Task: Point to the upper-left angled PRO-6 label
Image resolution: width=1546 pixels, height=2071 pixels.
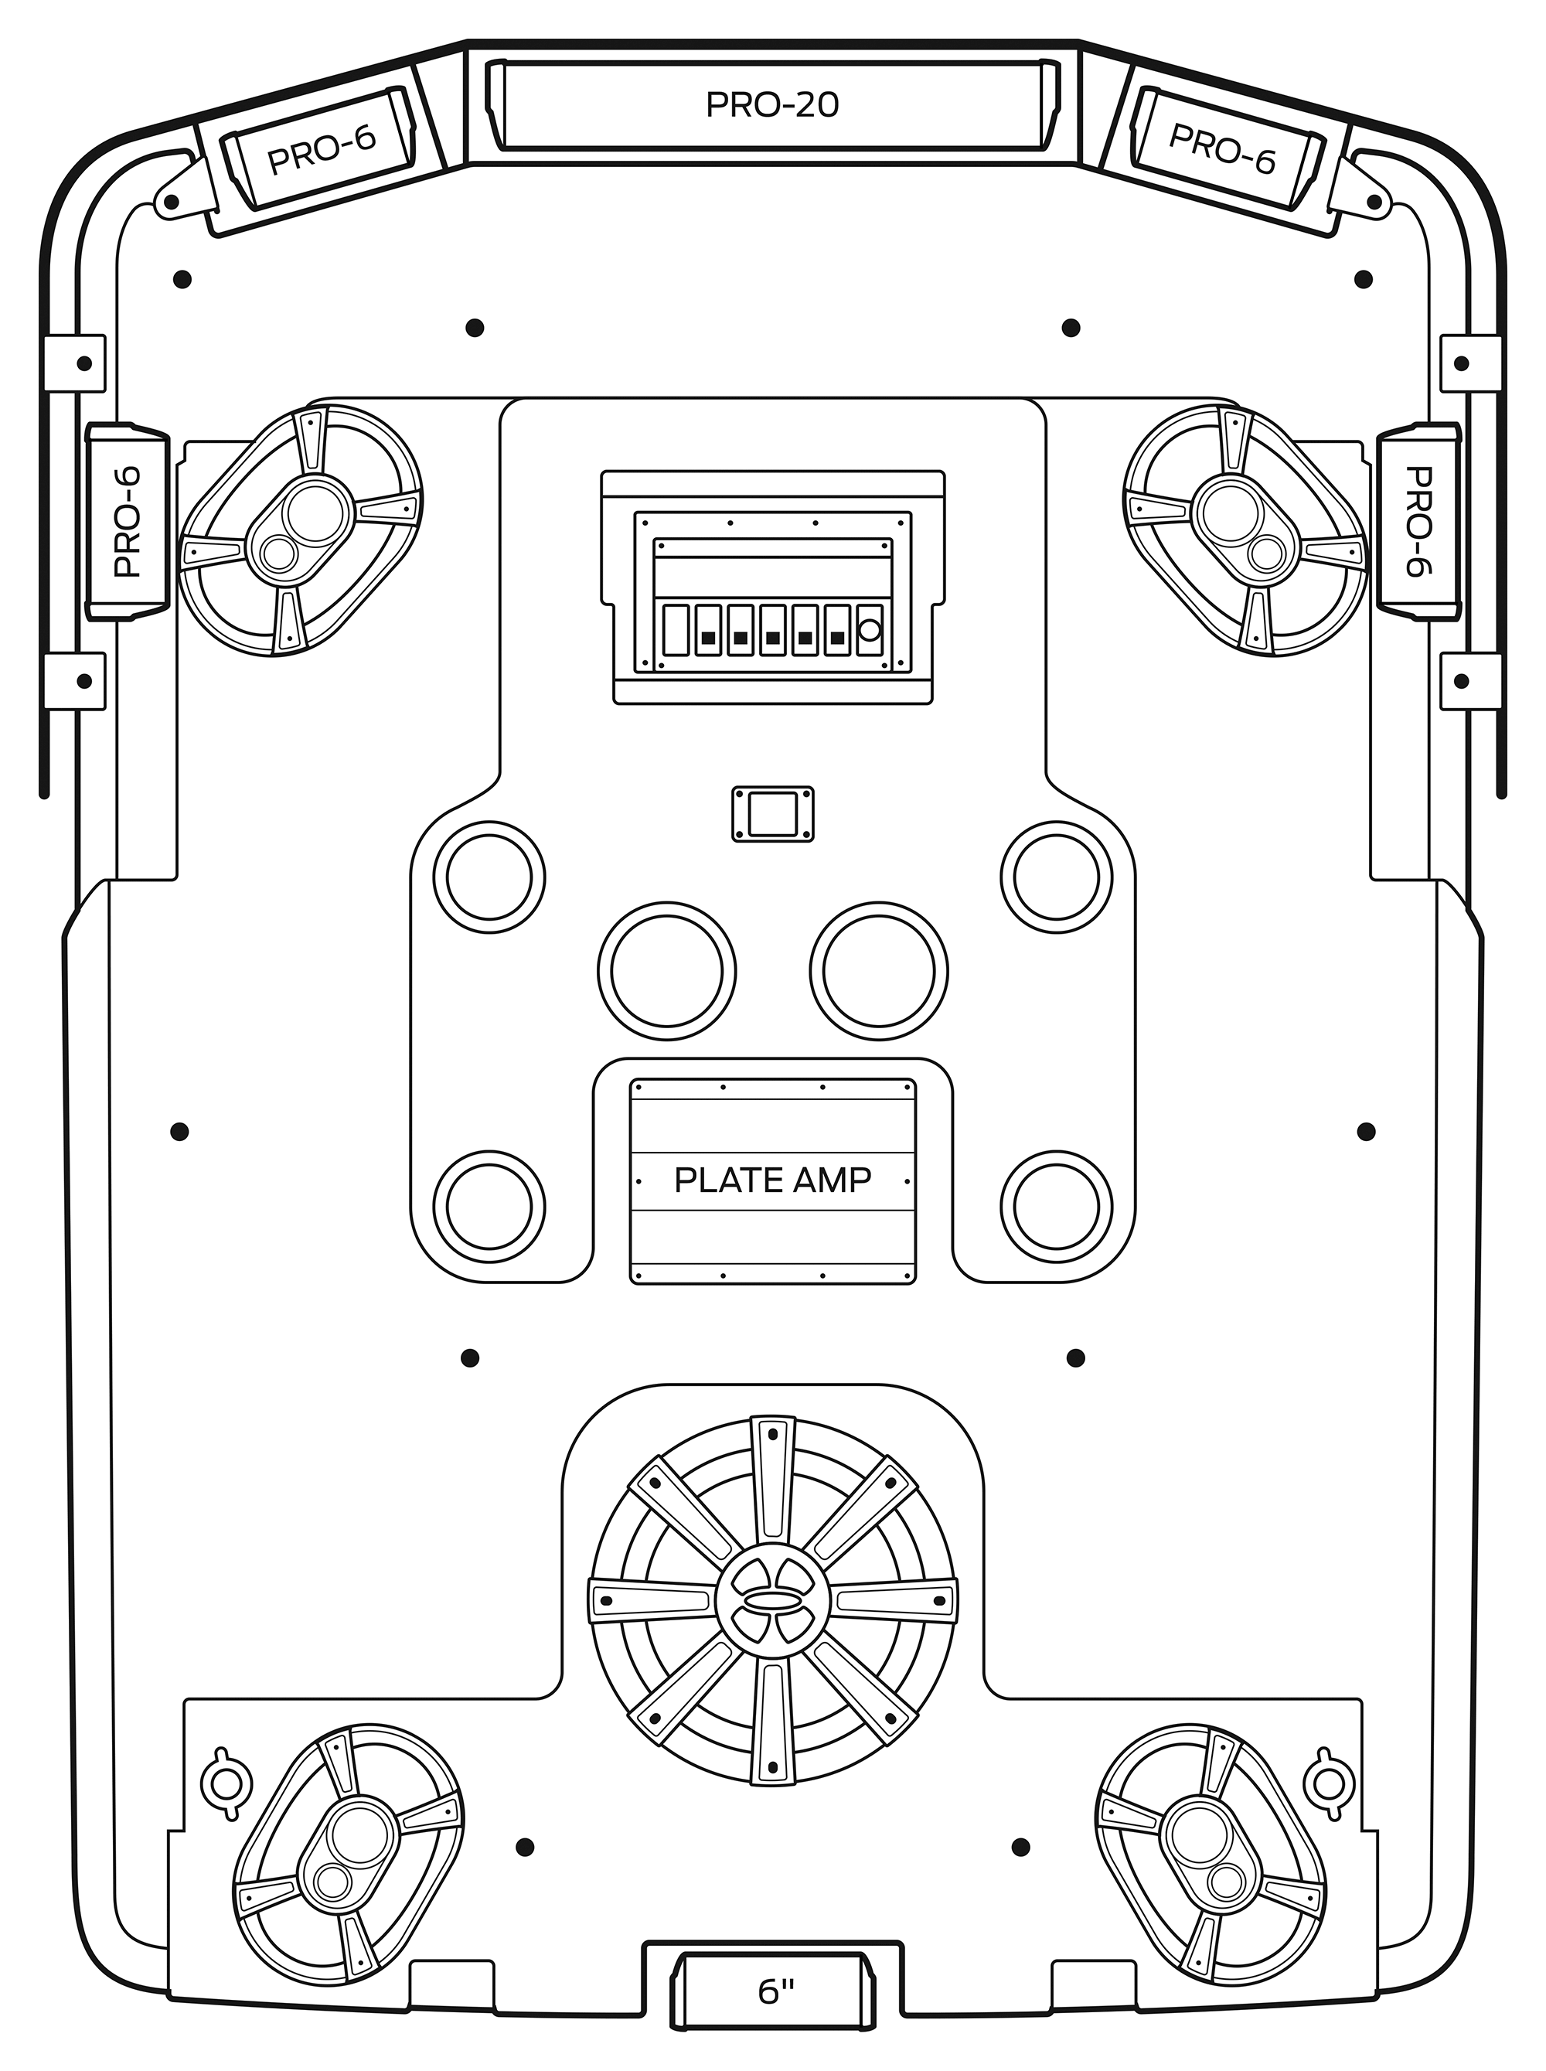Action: (321, 148)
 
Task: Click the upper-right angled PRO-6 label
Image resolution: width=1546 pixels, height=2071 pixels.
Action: (1222, 148)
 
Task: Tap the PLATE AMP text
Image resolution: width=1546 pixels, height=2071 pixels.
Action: (772, 1180)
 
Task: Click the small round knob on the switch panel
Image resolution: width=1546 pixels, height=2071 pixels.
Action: (870, 629)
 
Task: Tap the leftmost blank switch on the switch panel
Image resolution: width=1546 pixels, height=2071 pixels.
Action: (676, 630)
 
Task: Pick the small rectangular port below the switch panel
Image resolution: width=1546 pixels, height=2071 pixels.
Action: (772, 813)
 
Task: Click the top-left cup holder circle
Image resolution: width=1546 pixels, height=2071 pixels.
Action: (489, 877)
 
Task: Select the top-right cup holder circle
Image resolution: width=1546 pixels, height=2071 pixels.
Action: (1057, 877)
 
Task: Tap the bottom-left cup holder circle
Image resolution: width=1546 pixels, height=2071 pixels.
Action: (489, 1206)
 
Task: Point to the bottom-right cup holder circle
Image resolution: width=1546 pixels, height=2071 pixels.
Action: (1057, 1206)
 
